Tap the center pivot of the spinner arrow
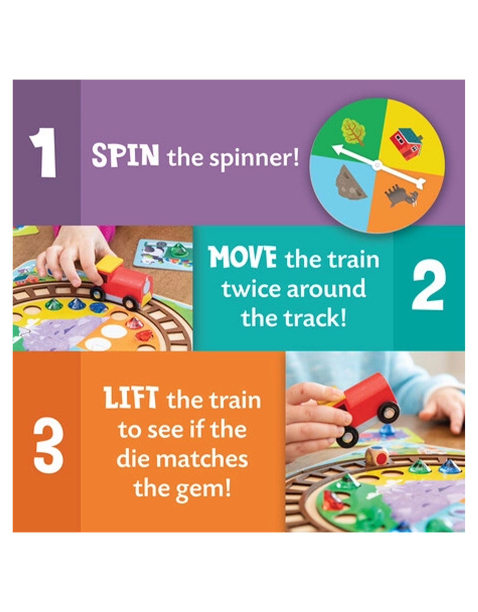pyautogui.click(x=377, y=165)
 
